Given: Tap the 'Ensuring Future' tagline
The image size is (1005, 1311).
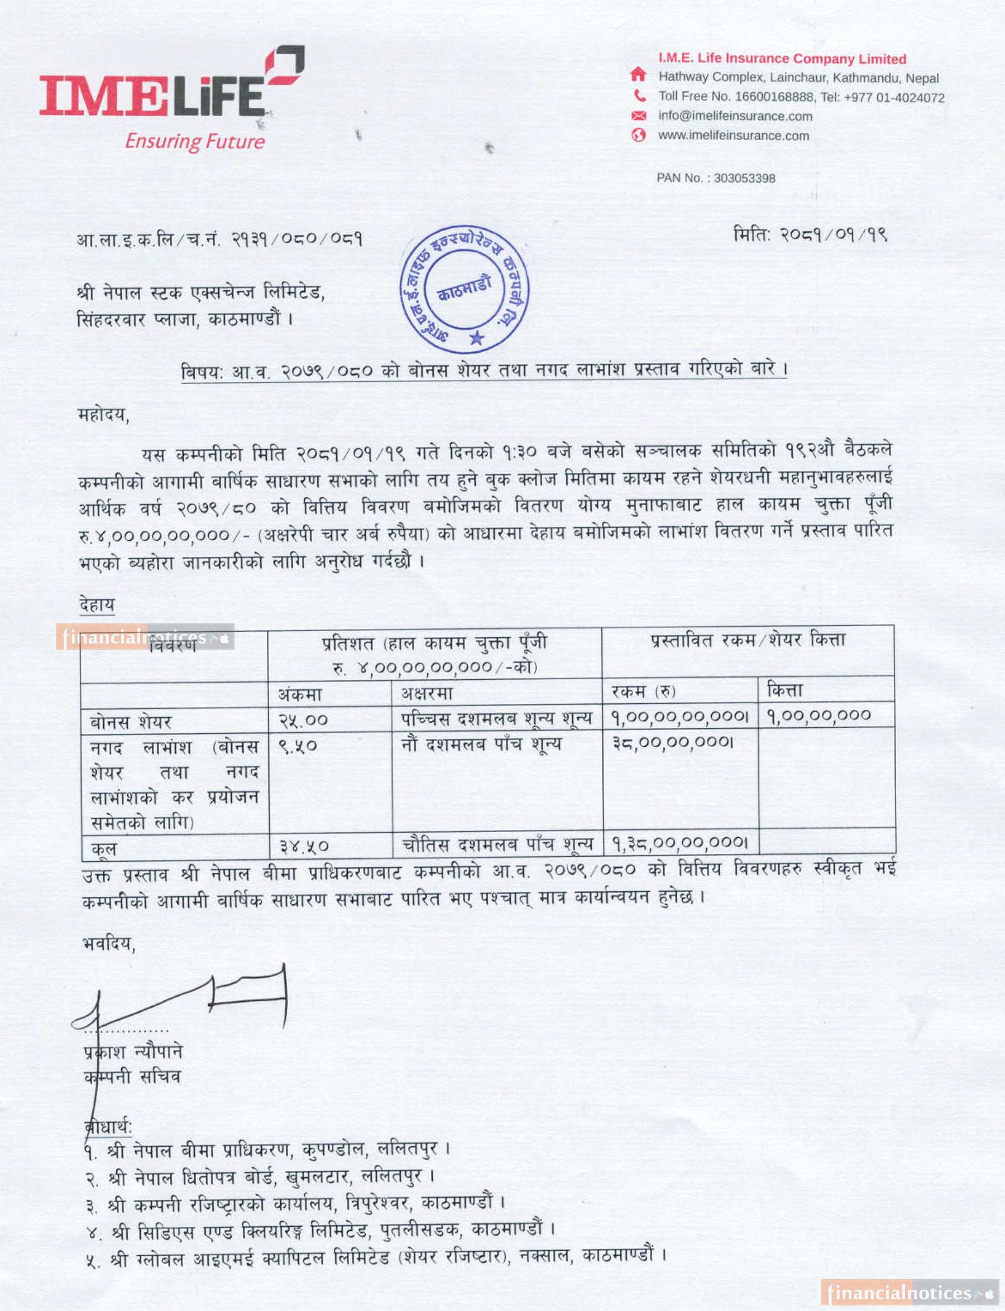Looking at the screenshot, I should (194, 142).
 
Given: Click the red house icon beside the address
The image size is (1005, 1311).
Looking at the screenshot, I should (638, 75).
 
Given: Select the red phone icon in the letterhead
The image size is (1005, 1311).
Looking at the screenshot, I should (639, 95).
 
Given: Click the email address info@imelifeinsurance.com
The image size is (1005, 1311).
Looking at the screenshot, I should (735, 116).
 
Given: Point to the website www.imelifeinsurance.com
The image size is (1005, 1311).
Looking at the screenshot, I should (734, 136).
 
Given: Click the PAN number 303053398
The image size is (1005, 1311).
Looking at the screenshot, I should (744, 178).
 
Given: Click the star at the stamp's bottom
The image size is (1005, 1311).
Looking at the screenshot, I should (476, 338).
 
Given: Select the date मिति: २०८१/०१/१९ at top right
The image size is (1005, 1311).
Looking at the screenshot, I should (810, 235).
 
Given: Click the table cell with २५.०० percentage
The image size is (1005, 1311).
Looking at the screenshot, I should (303, 720).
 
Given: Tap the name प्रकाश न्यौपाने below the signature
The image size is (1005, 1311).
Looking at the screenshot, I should (133, 1052).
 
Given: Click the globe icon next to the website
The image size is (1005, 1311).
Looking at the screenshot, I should (639, 136).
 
